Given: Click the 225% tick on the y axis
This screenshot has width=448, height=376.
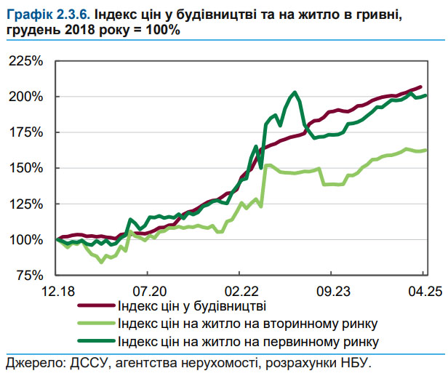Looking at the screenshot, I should [x=27, y=61].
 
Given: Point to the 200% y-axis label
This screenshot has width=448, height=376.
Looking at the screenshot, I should [x=27, y=97].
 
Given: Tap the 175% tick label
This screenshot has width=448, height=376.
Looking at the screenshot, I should [x=27, y=132].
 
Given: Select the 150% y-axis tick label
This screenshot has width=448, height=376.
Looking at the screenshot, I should [x=27, y=168].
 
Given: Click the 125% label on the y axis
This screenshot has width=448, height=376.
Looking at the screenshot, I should [x=27, y=204].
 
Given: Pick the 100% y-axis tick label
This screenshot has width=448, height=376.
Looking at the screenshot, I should [x=27, y=239].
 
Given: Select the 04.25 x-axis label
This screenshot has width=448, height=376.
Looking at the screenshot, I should [x=424, y=291].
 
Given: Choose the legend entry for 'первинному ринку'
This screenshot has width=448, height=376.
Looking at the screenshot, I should [x=247, y=340].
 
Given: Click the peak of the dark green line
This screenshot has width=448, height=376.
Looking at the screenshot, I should [x=294, y=92].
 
